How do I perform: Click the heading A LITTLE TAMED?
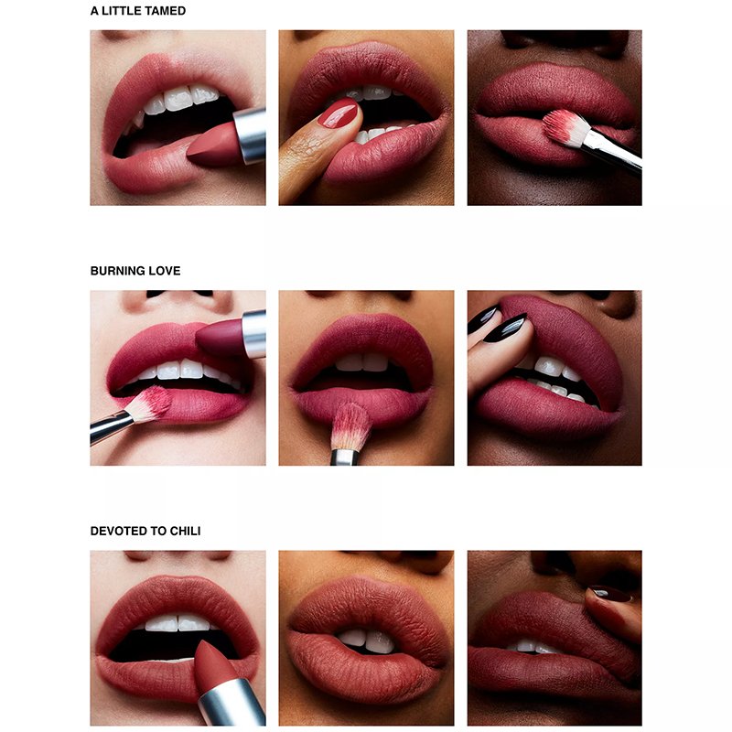click(x=138, y=11)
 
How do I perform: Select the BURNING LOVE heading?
click(x=135, y=271)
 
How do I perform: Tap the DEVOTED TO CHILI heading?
click(x=145, y=531)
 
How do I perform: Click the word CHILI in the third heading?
click(x=185, y=531)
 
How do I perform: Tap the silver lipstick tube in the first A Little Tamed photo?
click(x=250, y=135)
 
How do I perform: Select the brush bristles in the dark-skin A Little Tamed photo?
click(x=564, y=127)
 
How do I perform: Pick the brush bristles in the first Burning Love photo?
click(x=149, y=404)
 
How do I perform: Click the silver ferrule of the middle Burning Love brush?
click(x=345, y=457)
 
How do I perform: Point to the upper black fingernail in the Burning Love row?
click(x=483, y=318)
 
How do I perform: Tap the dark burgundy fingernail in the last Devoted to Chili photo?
click(x=610, y=594)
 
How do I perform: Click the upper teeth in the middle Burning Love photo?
click(x=361, y=362)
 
